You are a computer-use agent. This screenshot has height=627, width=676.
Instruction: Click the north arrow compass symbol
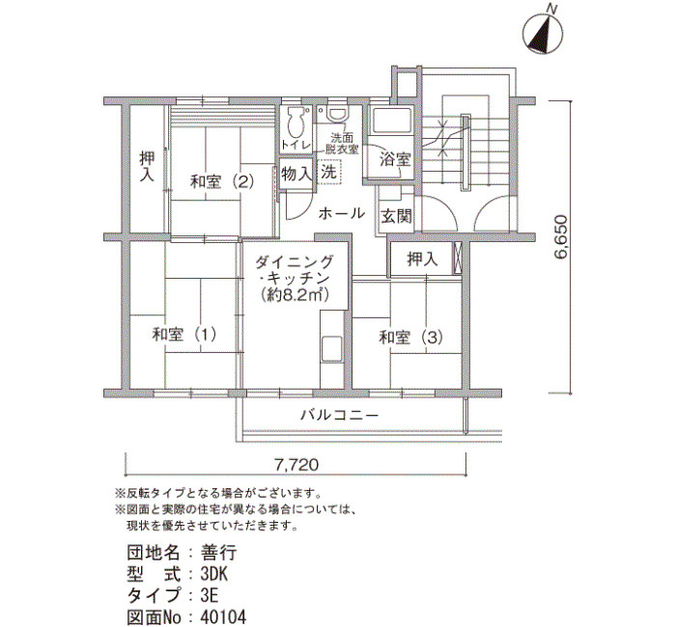[x=543, y=35]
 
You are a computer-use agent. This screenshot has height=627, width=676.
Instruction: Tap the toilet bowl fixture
[x=296, y=123]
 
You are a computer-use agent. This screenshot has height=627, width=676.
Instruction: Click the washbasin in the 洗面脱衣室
[x=337, y=115]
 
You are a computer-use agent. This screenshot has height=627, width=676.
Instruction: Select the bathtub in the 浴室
[x=391, y=121]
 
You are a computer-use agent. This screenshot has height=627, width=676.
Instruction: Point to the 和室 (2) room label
[x=222, y=181]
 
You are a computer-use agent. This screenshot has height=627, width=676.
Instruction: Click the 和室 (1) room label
[x=184, y=335]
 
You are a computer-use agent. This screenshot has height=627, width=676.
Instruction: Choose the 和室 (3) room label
[x=410, y=338]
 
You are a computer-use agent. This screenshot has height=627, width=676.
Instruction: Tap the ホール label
[x=342, y=213]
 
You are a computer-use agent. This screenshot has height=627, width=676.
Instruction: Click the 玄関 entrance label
[x=396, y=217]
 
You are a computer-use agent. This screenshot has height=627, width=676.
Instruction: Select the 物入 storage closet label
[x=296, y=174]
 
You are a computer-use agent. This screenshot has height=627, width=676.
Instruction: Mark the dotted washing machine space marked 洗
[x=329, y=172]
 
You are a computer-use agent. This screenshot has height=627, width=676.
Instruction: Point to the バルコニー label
[x=339, y=415]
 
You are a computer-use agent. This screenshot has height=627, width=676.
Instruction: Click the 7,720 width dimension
[x=296, y=464]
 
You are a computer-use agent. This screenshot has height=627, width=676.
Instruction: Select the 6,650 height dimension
[x=561, y=236]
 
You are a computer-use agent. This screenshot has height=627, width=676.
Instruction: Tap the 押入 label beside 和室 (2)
[x=147, y=166]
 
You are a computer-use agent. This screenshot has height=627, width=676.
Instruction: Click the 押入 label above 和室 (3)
[x=423, y=259]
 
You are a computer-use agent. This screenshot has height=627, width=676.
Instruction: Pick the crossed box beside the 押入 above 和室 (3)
[x=458, y=258]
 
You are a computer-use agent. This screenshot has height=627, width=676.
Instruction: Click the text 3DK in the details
[x=214, y=574]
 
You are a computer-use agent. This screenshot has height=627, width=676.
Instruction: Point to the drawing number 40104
[x=224, y=616]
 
